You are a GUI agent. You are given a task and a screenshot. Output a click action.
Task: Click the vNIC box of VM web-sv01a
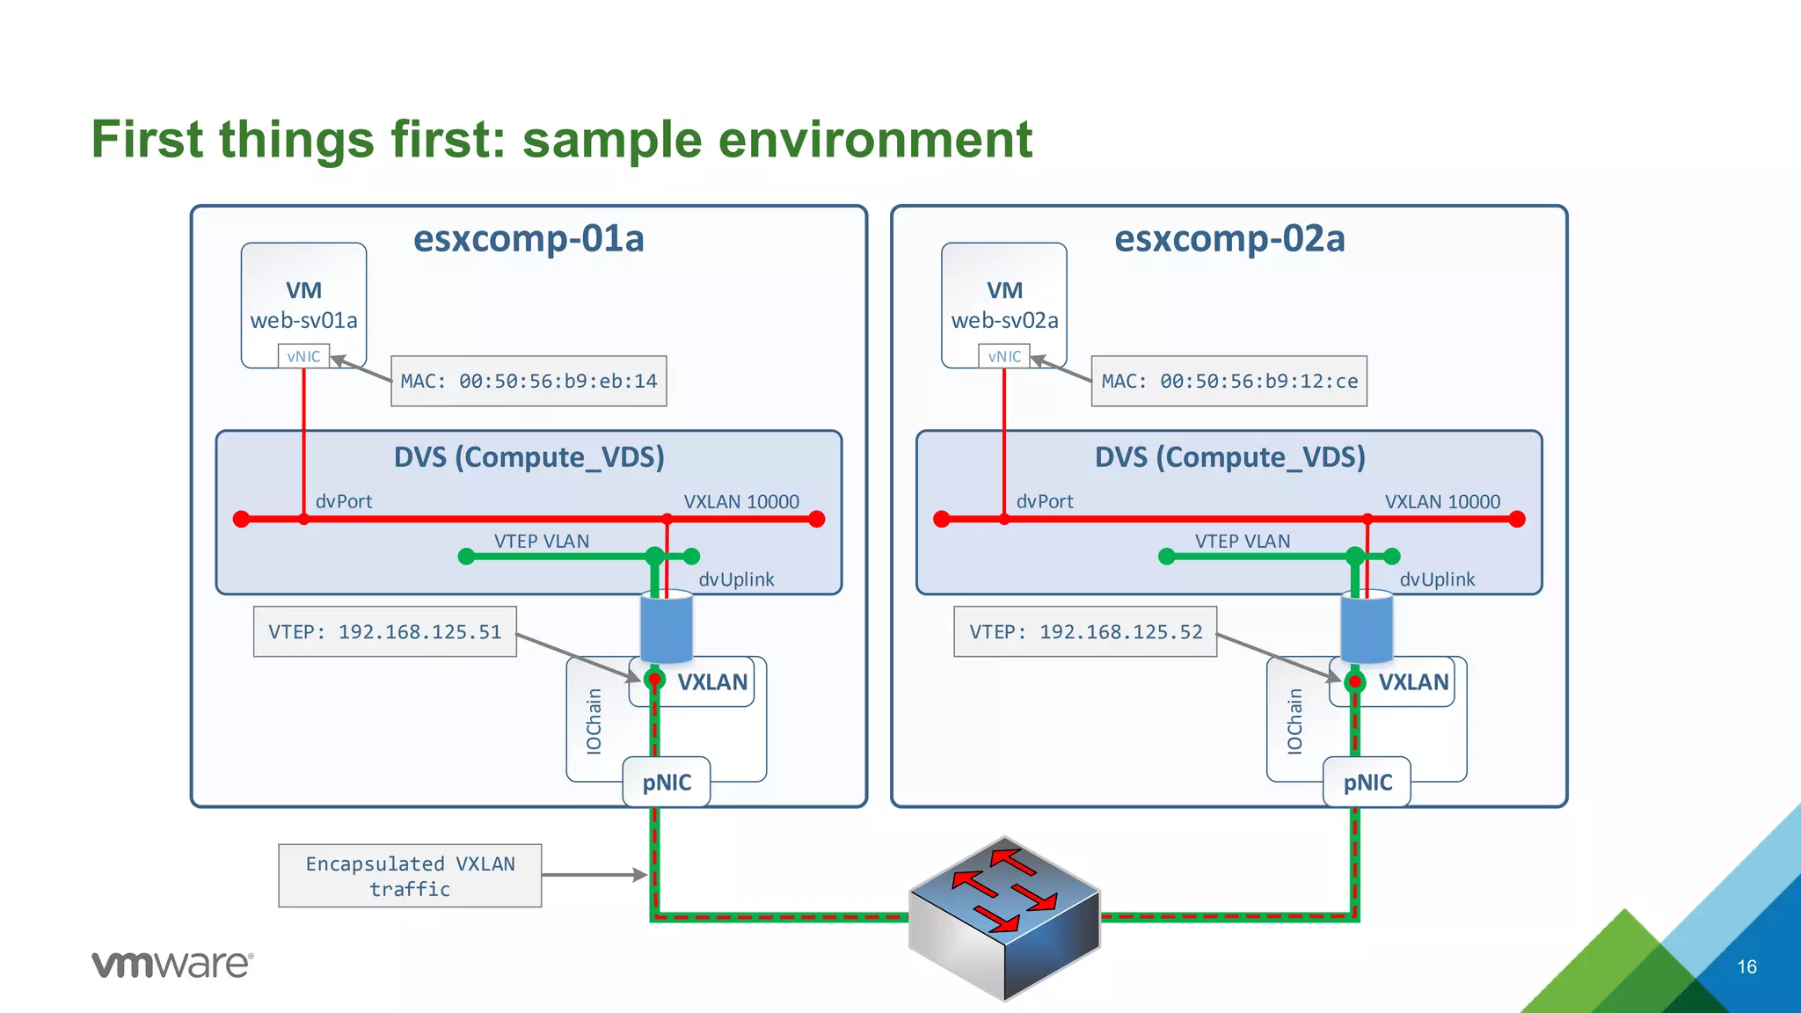pos(303,356)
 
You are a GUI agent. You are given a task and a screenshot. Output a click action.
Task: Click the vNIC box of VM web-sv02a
pos(1004,356)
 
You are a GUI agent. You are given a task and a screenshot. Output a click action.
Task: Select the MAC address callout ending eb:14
pos(529,381)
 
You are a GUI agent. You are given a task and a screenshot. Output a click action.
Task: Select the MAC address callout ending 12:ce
pos(1229,381)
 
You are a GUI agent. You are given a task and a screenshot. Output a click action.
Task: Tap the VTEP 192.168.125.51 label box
pos(384,631)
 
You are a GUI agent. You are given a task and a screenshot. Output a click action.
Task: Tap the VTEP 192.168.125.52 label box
pos(1085,631)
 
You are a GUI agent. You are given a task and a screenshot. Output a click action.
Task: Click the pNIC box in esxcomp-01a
pos(667,782)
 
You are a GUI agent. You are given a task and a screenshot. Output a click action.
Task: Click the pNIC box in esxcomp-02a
pos(1367,782)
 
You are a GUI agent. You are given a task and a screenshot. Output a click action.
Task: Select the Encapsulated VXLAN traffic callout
pos(410,876)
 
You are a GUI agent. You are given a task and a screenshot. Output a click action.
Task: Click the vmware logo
pos(172,964)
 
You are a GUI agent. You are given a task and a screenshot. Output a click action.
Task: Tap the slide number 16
pos(1746,966)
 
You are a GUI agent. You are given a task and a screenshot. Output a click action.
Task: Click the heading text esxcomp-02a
pos(1229,238)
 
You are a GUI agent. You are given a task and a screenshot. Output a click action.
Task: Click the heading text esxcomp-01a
pos(529,238)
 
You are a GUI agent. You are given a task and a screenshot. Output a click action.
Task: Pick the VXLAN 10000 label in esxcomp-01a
pos(741,501)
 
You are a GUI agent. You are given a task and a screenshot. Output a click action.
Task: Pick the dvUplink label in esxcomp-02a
pos(1437,579)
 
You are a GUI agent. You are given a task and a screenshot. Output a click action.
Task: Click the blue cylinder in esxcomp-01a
pos(667,628)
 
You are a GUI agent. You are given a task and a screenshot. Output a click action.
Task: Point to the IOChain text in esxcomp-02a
pos(1294,721)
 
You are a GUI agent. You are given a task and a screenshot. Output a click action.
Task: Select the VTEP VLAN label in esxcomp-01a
pos(541,541)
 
